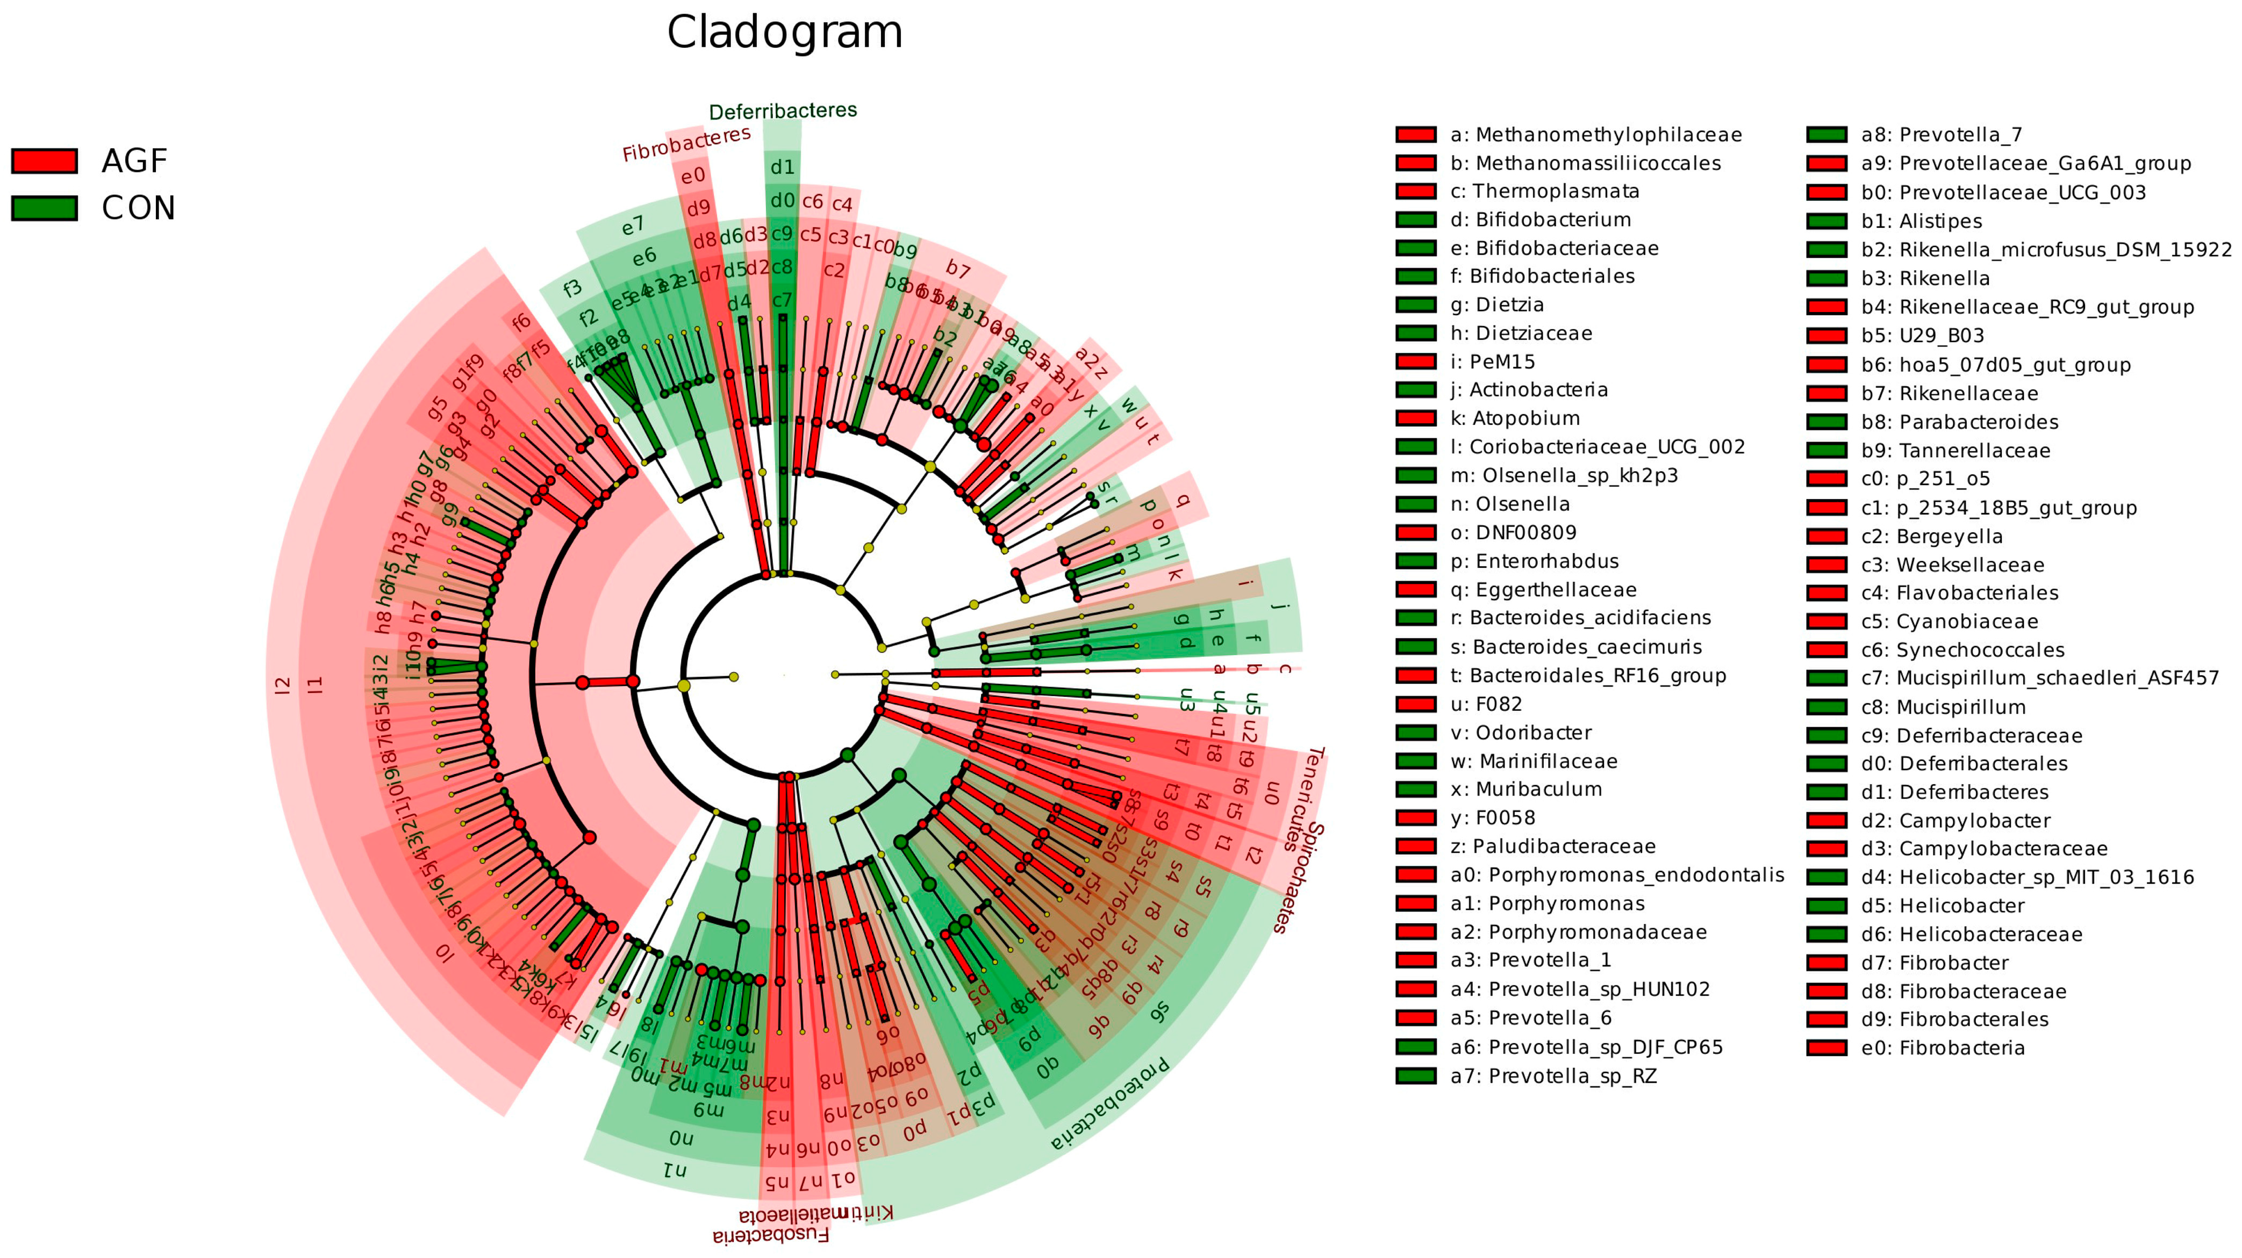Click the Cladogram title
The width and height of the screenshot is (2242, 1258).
tap(784, 33)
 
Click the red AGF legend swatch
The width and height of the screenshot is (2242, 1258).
tap(45, 161)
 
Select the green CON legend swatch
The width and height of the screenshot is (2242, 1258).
tap(45, 208)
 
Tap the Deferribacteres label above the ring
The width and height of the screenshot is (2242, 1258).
tap(783, 111)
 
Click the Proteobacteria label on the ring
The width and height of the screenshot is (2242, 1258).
tap(1109, 1105)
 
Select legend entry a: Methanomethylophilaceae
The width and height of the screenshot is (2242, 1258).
tap(1595, 135)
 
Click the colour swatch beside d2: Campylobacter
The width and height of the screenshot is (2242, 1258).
tap(1826, 820)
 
